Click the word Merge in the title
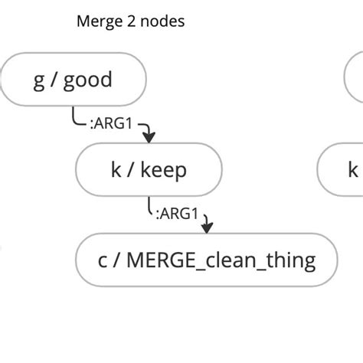pos(96,21)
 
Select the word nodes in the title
pos(161,21)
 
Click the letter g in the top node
pos(38,80)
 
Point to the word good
pos(87,80)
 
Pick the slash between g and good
pos(54,80)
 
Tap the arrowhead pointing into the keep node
pos(149,138)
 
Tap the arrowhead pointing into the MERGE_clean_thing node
pos(207,227)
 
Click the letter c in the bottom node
pos(103,260)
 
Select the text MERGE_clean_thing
pos(221,260)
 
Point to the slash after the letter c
pos(117,260)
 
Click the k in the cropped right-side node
pos(353,169)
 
